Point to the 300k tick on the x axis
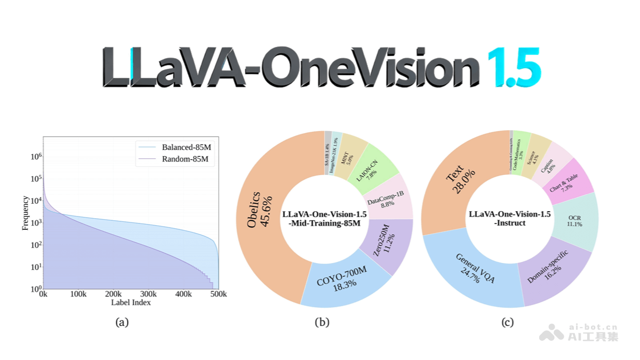(148, 294)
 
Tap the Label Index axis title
(131, 302)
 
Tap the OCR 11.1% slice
(575, 221)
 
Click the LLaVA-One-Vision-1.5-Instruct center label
(509, 218)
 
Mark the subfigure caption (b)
(322, 322)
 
